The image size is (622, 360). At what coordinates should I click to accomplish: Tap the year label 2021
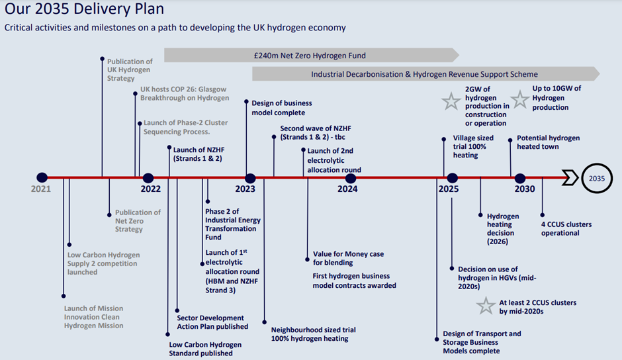coord(41,189)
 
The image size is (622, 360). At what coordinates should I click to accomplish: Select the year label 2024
coord(347,189)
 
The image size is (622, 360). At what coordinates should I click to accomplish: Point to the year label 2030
coord(525,189)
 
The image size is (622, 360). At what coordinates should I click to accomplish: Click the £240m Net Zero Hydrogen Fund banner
coord(312,56)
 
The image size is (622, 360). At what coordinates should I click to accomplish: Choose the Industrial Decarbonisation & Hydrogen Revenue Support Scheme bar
coord(425,74)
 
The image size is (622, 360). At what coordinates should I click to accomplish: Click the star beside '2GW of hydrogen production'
coord(451,101)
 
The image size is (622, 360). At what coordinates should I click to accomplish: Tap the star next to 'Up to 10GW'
coord(520,99)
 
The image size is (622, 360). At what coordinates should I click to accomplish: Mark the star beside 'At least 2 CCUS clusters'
coord(486,306)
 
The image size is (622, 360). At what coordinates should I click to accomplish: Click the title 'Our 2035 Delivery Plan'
coord(84,9)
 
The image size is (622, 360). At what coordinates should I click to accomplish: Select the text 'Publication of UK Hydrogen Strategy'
coord(130,70)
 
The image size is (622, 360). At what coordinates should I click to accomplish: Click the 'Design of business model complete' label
coord(282,108)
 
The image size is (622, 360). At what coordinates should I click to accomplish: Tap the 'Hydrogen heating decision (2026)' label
coord(503,228)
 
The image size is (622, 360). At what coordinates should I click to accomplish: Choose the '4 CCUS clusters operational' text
coord(566,228)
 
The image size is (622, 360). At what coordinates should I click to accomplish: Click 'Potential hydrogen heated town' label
coord(548,142)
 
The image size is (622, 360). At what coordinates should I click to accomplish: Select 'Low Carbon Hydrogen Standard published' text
coord(205,349)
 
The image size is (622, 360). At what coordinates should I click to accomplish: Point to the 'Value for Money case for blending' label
coord(348,258)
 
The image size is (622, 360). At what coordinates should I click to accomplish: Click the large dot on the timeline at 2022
coord(148,178)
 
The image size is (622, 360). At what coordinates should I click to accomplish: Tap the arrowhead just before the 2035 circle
coord(570,178)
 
